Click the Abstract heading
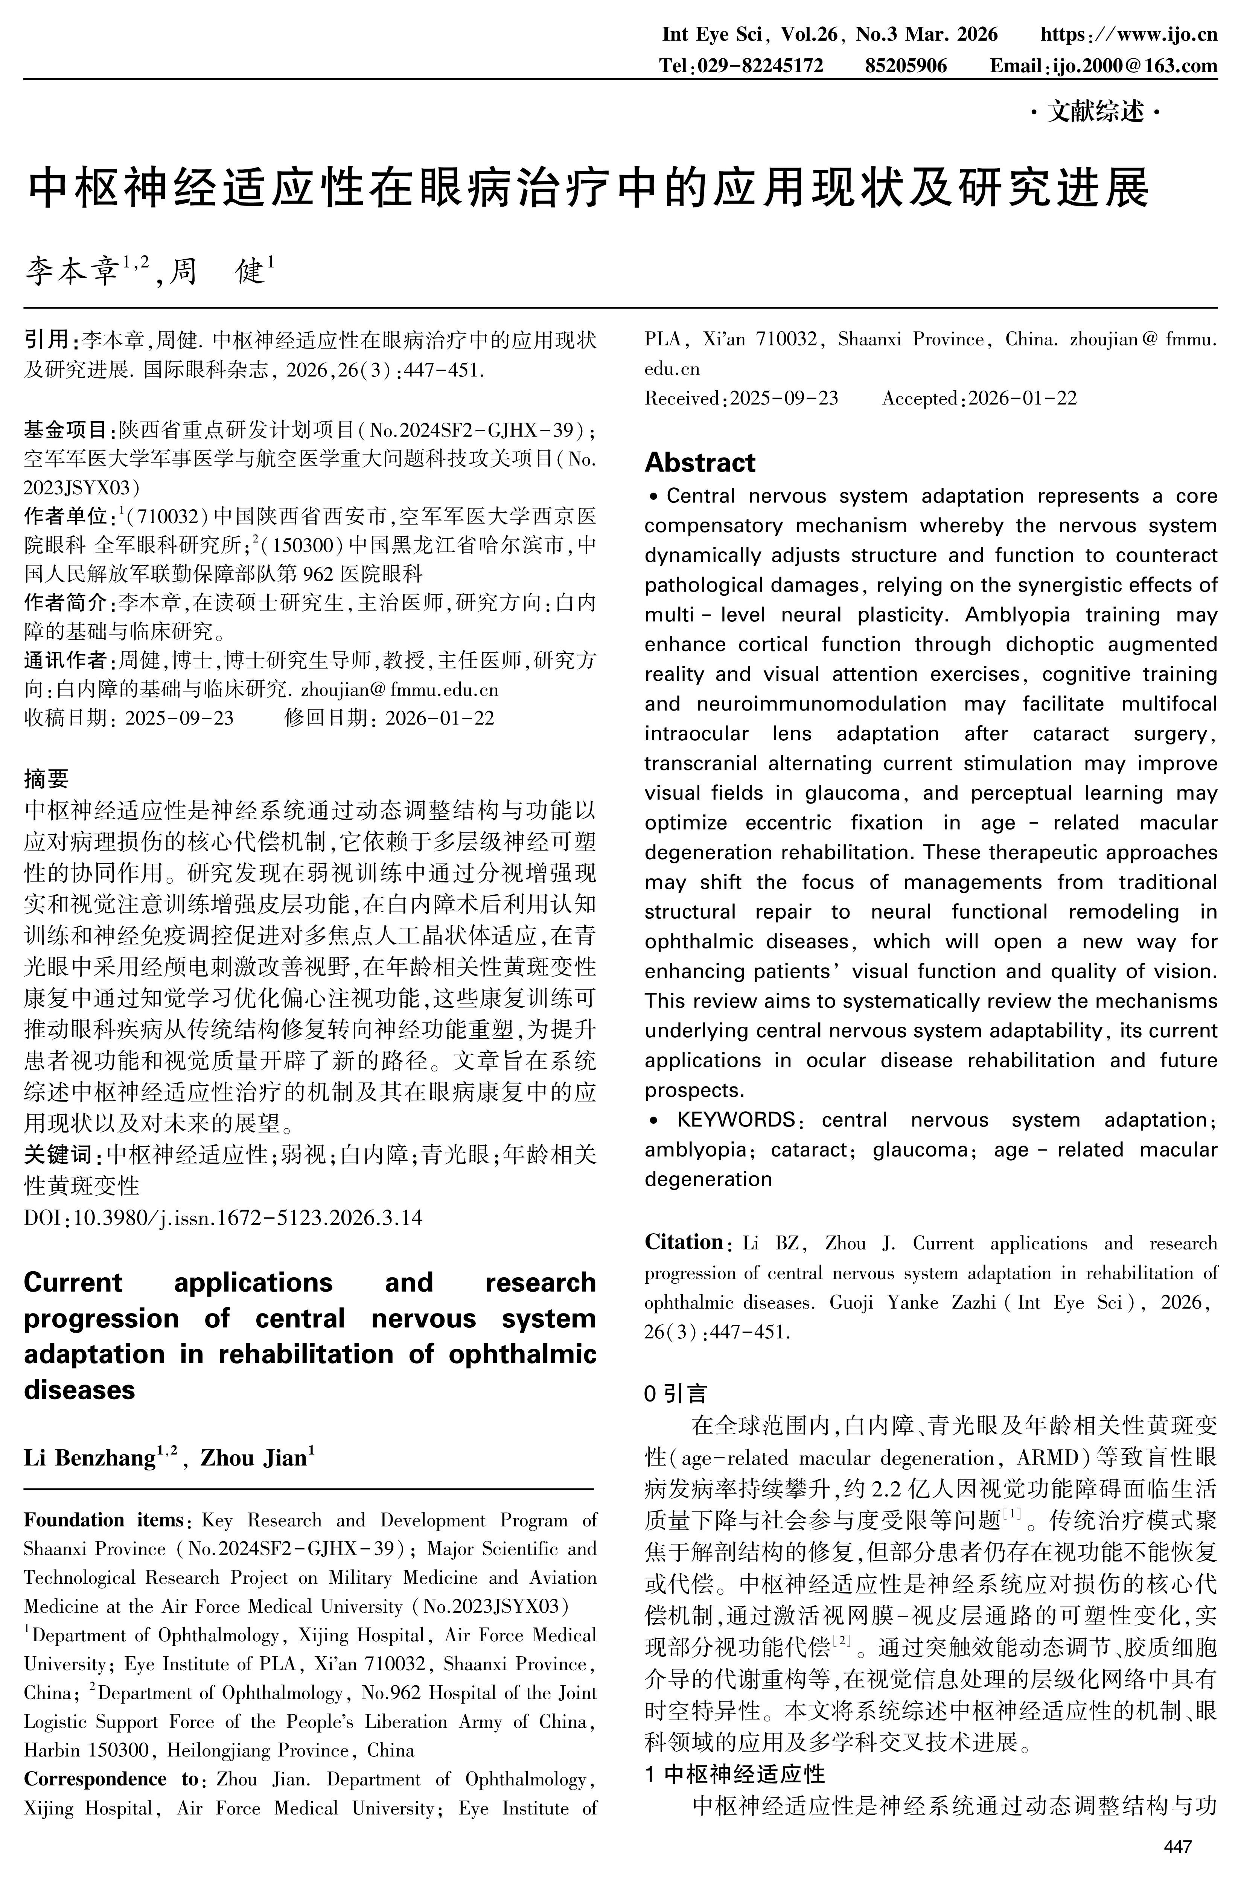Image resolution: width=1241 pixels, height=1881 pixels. pos(700,462)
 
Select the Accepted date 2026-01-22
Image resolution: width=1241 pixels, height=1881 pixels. pos(1023,398)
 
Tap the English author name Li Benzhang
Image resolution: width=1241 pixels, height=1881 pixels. pos(90,1458)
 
